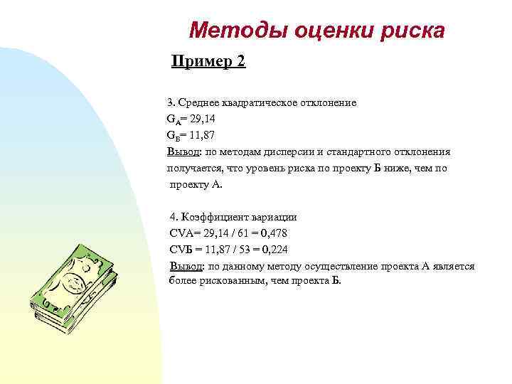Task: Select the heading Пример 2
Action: pos(209,62)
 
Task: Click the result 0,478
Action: pos(274,233)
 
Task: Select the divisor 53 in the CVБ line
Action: pos(241,250)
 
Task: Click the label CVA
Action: pos(181,233)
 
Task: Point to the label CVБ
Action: pos(181,250)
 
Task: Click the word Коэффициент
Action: pos(214,217)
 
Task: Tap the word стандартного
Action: pos(367,151)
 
